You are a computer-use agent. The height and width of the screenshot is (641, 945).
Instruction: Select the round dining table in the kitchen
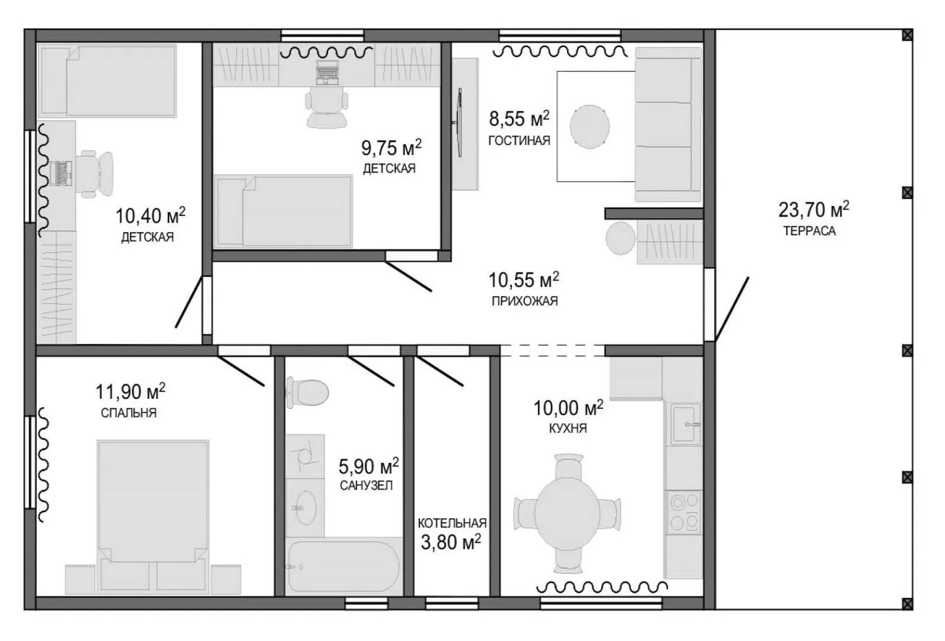click(x=567, y=513)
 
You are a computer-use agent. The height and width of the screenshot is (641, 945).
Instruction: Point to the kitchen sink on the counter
click(x=686, y=424)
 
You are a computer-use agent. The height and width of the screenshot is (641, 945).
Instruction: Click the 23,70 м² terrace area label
click(x=814, y=210)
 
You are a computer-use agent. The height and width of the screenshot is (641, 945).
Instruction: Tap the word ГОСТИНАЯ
click(x=519, y=141)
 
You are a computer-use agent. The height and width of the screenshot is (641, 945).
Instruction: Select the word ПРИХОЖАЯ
click(x=524, y=301)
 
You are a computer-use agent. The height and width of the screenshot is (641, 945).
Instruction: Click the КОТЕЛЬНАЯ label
click(x=452, y=523)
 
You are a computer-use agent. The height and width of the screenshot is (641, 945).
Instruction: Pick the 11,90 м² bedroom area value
click(x=131, y=392)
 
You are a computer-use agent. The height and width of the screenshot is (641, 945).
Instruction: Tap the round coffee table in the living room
click(x=589, y=126)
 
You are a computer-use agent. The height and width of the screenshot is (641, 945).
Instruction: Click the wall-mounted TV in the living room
click(x=459, y=122)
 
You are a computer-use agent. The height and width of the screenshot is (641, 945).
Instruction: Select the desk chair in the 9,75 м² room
click(x=326, y=107)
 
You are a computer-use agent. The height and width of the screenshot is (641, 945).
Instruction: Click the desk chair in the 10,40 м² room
click(x=96, y=174)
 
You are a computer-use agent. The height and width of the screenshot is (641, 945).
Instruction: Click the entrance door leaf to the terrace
click(x=732, y=309)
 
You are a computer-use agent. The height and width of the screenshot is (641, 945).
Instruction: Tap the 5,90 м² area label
click(x=368, y=467)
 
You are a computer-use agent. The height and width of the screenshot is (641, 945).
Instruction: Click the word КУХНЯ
click(x=568, y=429)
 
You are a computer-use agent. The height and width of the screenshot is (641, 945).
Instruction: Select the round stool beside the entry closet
click(x=621, y=239)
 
